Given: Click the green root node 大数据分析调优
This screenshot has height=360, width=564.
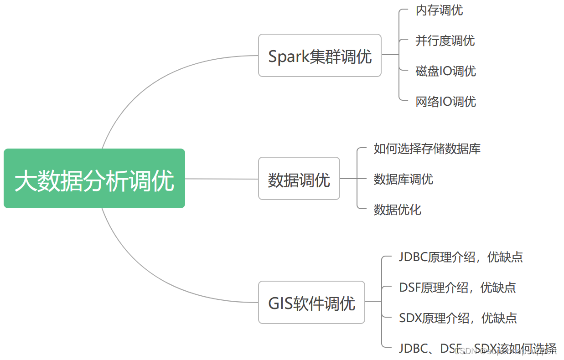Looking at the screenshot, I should [94, 179].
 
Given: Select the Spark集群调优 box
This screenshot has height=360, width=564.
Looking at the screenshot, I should [320, 56].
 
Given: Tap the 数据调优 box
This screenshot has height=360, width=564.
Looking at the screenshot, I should [299, 179].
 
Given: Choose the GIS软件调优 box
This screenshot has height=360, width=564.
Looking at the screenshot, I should [311, 303].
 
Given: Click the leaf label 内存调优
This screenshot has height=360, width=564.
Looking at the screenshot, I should [439, 10].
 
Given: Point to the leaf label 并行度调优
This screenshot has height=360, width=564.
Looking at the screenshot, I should [445, 41].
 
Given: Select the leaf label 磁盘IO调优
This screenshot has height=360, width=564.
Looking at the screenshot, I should [445, 71].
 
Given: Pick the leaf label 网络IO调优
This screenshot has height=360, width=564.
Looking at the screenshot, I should [445, 101].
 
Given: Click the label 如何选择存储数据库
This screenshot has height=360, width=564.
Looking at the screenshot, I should [427, 149].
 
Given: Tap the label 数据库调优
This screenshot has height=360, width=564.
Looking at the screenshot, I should [403, 179].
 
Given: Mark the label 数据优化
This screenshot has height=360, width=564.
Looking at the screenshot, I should [397, 210].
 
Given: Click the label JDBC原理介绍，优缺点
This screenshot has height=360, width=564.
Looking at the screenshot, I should [461, 257].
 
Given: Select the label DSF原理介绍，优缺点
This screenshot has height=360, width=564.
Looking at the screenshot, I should [457, 288].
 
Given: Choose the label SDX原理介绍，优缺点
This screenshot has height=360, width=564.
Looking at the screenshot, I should [458, 318].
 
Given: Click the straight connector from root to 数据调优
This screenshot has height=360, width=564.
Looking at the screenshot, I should [222, 179].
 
